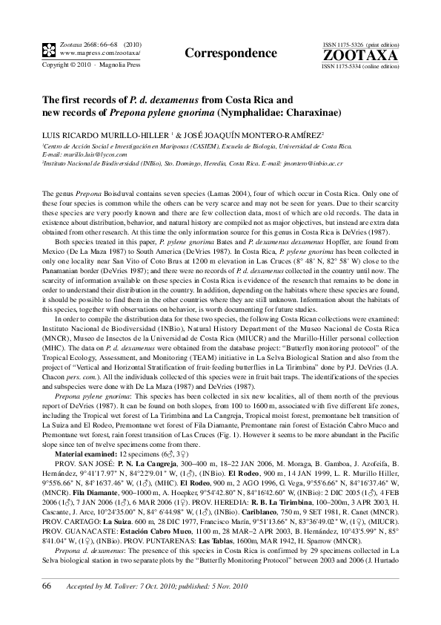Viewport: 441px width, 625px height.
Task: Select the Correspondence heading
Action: point(219,53)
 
